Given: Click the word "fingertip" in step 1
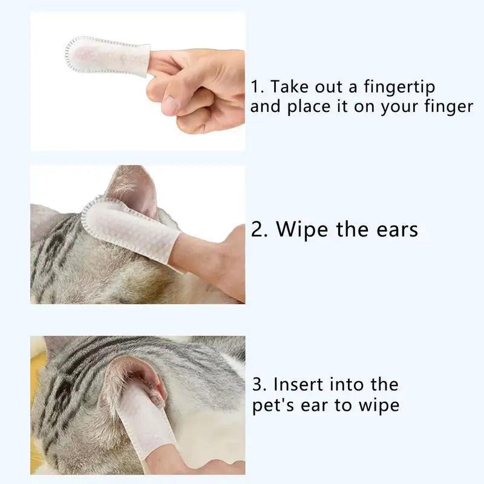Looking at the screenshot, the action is click(x=399, y=87).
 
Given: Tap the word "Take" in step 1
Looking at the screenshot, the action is click(x=290, y=87).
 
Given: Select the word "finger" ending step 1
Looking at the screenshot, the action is click(x=448, y=106).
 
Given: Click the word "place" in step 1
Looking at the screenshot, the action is click(x=309, y=107).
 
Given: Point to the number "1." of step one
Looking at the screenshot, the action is click(x=258, y=87).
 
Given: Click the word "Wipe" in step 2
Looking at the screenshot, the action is click(x=302, y=230).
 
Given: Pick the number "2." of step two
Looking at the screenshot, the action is click(x=260, y=230).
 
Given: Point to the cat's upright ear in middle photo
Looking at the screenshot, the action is click(x=133, y=189).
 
